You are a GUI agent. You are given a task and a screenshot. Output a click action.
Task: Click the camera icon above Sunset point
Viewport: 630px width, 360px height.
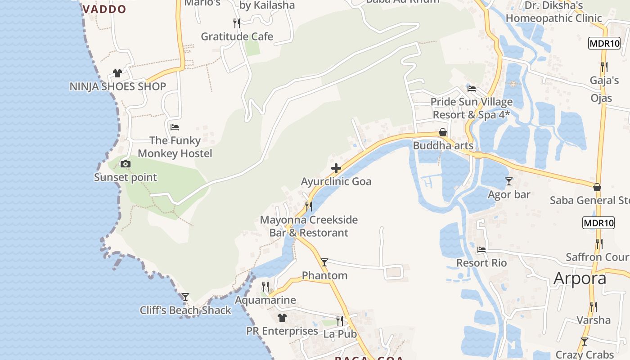pos(126,164)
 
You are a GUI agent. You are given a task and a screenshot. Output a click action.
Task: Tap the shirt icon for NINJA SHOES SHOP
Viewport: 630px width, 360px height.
pos(117,73)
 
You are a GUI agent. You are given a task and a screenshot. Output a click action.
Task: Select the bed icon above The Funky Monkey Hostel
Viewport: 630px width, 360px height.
pos(175,127)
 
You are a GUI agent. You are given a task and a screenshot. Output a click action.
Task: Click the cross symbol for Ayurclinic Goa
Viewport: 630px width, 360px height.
pos(336,169)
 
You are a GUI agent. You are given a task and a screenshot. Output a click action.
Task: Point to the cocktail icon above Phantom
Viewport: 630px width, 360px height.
pos(324,262)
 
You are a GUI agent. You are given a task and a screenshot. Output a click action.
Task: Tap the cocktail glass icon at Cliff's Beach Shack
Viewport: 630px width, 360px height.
pos(185,297)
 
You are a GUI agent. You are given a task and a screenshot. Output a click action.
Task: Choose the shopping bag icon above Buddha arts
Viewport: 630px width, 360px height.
pos(443,132)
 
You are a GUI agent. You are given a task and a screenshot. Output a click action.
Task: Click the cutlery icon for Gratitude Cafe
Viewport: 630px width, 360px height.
pos(237,23)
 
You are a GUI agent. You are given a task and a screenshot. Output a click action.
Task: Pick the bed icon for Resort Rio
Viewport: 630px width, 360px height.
pos(481,249)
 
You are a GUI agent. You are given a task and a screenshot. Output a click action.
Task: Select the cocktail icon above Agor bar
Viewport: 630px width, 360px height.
pos(509,181)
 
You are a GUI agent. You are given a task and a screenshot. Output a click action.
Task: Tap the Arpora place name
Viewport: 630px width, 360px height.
pos(580,279)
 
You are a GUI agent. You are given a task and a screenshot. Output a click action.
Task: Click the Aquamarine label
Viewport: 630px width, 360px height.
pos(265,300)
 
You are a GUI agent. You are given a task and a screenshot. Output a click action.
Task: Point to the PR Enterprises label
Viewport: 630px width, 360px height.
pos(282,331)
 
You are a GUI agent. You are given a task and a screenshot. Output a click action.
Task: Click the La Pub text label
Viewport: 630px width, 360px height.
pos(340,334)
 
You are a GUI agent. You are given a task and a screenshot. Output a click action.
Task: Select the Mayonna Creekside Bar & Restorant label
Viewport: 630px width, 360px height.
pos(309,226)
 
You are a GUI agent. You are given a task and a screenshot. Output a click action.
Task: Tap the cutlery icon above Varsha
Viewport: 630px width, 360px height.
pos(594,306)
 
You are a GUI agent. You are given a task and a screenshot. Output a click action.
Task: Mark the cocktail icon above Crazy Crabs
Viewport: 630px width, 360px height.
pos(585,341)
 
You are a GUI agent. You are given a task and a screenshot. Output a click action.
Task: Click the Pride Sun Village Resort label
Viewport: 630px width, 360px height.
pos(471,108)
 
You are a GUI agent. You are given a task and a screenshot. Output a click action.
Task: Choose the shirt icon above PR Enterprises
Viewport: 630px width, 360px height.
pos(282,318)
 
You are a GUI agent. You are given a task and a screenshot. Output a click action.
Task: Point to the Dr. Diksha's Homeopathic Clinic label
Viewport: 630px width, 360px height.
pos(553,12)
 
